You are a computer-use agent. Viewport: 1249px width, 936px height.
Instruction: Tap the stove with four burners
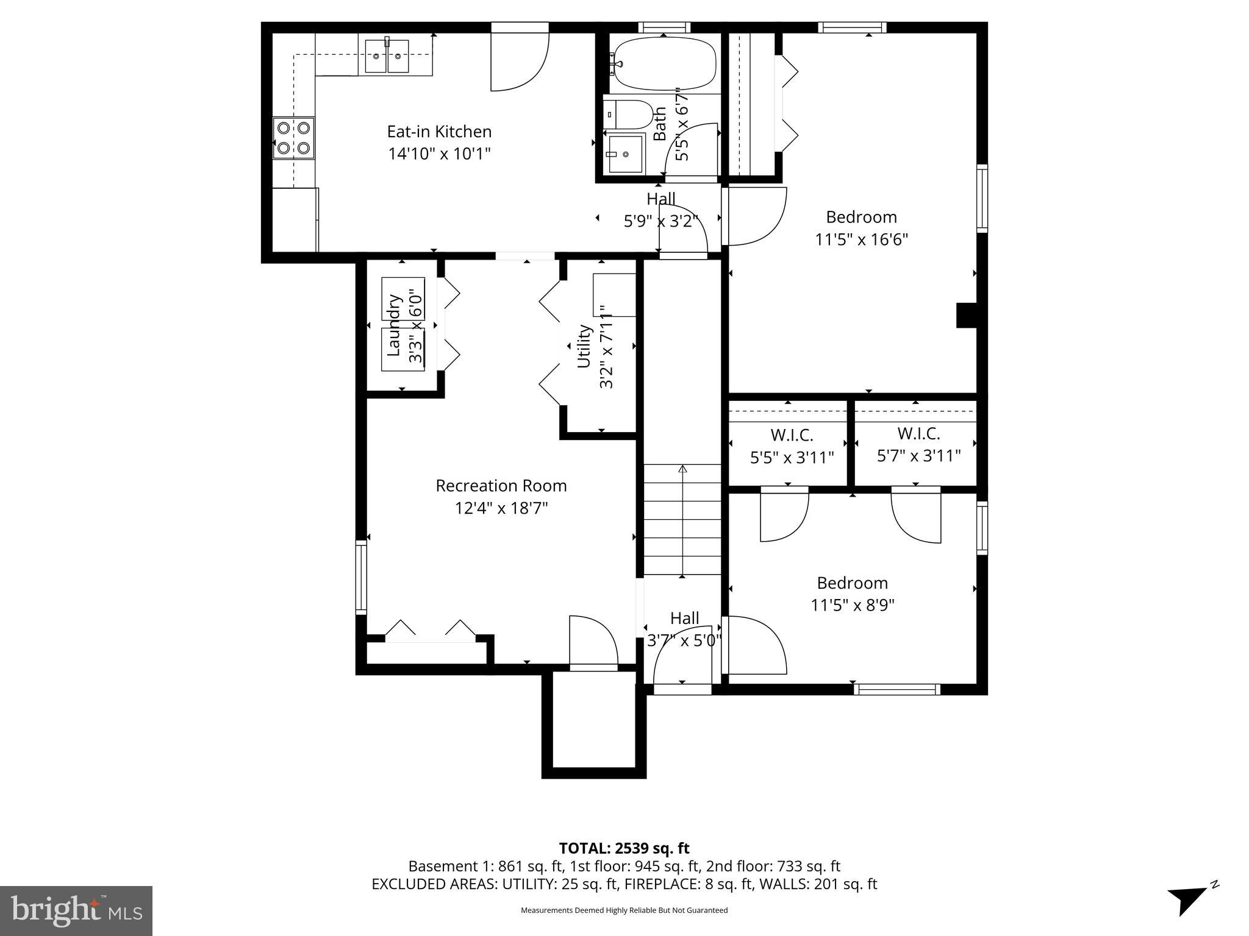tap(293, 138)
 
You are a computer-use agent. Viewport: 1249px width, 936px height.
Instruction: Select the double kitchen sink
tap(387, 57)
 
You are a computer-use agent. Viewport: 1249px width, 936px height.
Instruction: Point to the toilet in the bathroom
tap(628, 114)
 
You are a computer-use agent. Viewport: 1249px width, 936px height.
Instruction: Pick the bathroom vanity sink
tap(625, 154)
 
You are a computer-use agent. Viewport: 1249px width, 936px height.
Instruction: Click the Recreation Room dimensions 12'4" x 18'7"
tap(501, 508)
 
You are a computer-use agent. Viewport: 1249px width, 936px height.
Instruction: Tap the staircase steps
tap(682, 520)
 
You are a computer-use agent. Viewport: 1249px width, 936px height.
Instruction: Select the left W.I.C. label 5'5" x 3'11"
tap(792, 446)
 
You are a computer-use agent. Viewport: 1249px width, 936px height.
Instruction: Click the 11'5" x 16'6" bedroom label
tap(861, 229)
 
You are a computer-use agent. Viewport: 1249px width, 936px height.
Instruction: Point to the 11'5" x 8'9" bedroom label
tap(852, 594)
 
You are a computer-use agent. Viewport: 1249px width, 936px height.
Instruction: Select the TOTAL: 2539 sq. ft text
tap(624, 848)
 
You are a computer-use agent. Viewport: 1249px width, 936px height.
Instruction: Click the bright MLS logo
tap(76, 910)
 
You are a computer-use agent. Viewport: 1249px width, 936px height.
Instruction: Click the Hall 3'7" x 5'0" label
tap(684, 629)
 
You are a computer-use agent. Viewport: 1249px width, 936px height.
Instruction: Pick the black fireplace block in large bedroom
tap(966, 315)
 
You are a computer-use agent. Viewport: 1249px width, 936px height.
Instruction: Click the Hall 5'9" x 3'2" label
tap(660, 210)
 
